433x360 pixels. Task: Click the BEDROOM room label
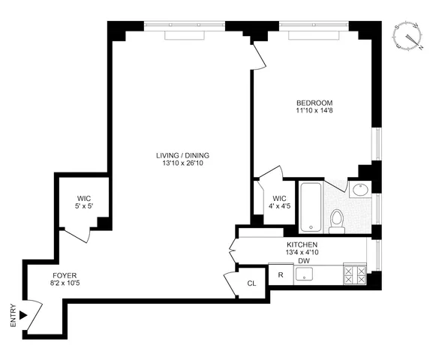click(314, 103)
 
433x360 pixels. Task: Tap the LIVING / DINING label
click(182, 156)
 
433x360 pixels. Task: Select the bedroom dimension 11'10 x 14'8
click(314, 112)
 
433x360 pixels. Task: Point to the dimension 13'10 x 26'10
click(182, 165)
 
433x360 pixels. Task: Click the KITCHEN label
click(302, 245)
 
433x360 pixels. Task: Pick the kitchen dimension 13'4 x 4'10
click(302, 253)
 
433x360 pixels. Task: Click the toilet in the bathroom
click(337, 219)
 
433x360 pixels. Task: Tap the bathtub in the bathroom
click(310, 206)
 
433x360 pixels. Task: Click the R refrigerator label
click(281, 275)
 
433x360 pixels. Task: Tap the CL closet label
click(251, 283)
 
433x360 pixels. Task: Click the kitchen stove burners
click(353, 275)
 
